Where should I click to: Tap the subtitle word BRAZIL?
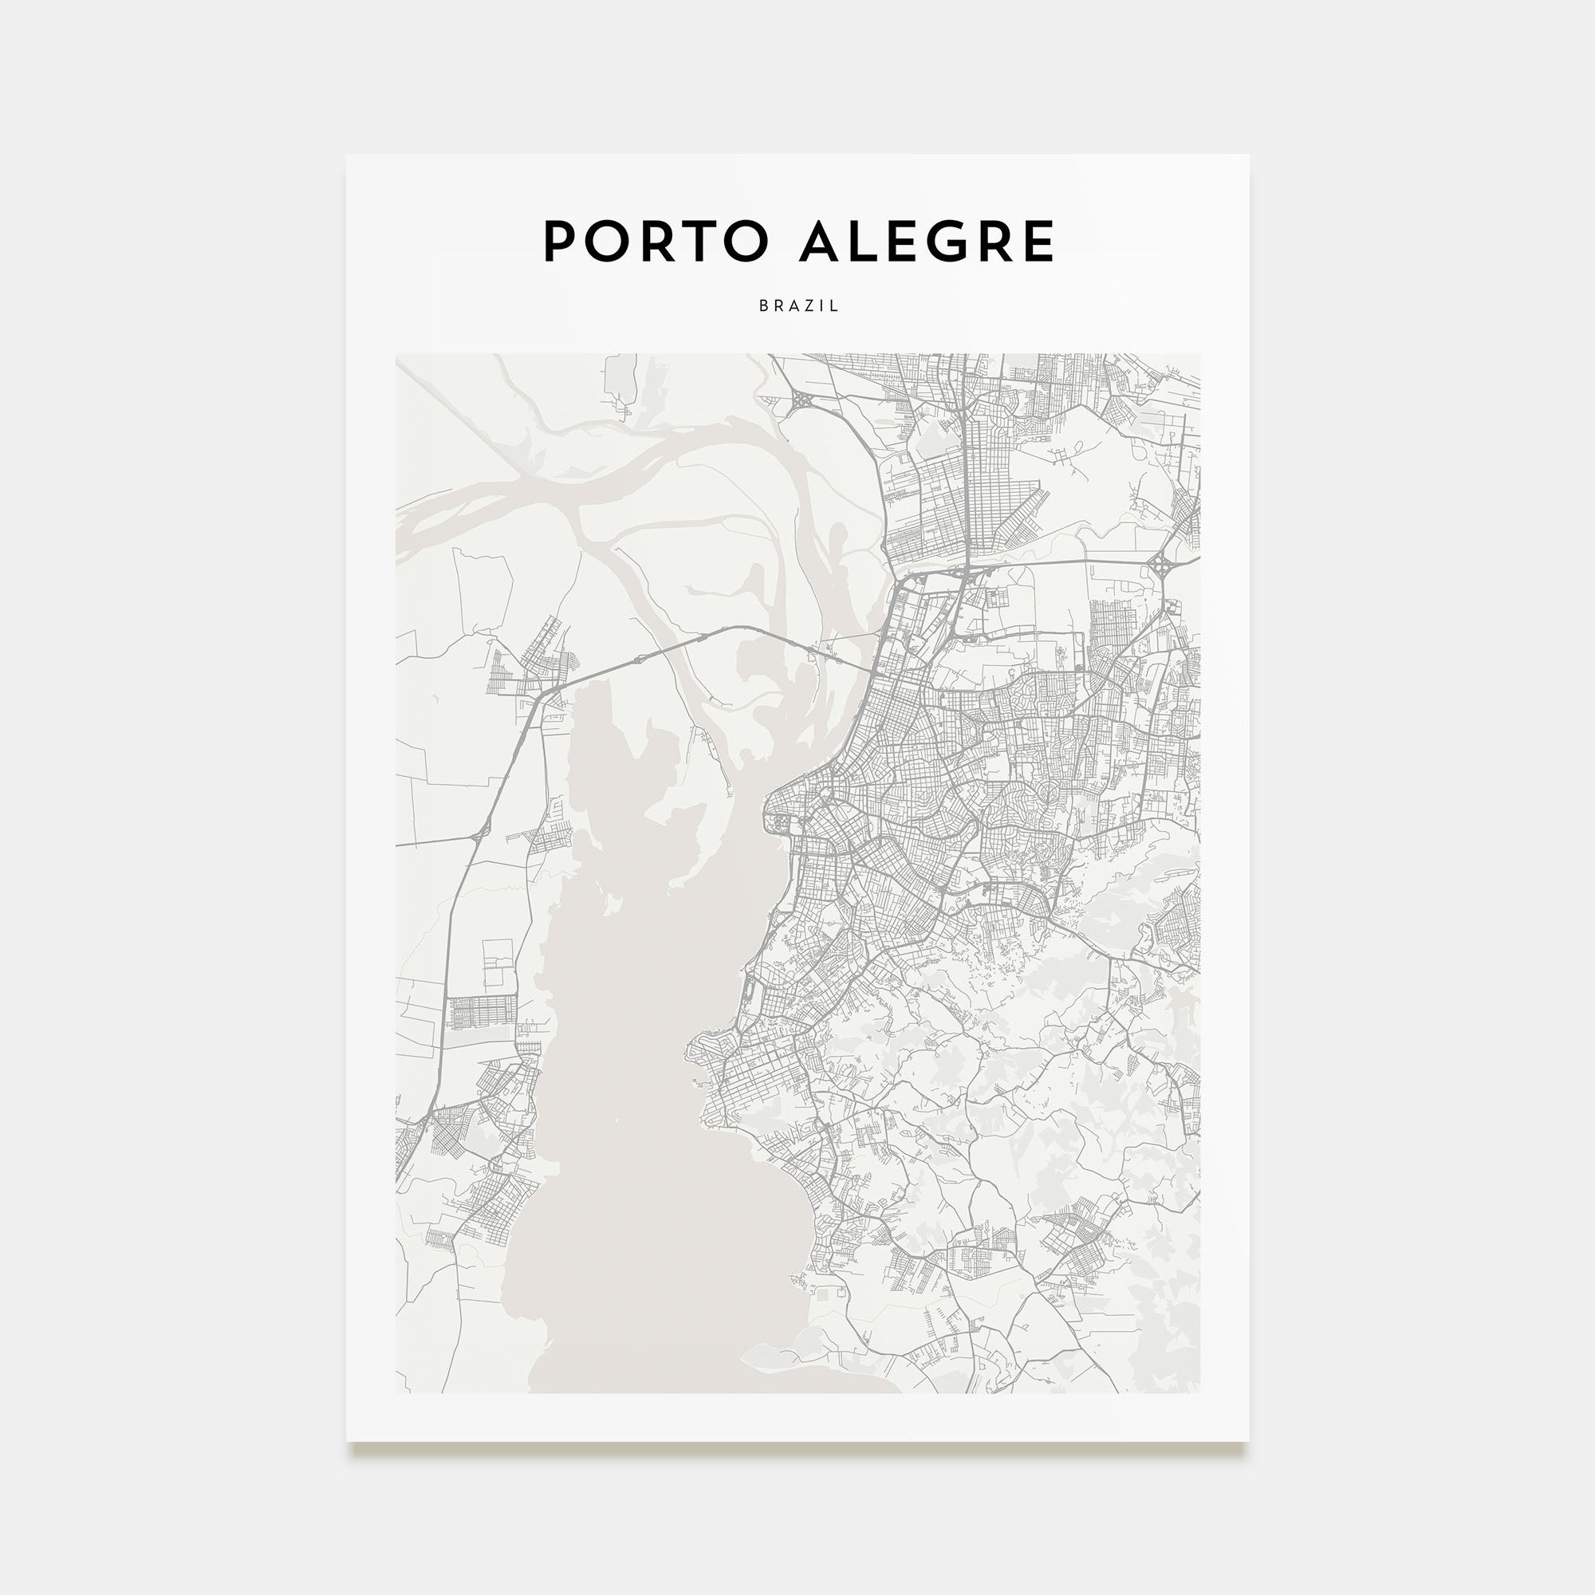point(798,305)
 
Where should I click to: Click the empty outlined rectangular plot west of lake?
point(498,965)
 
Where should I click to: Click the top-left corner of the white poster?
point(347,156)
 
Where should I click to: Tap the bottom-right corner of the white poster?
point(1248,1440)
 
